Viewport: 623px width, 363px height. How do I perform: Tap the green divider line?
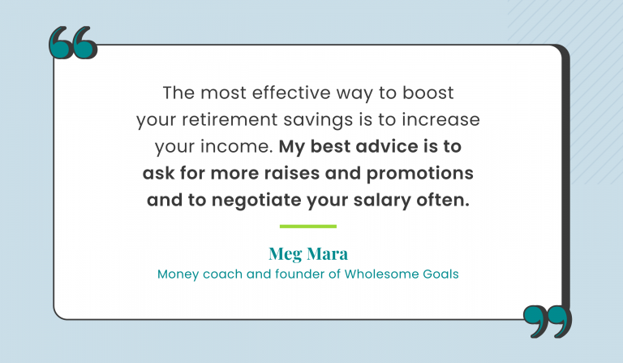[307, 226]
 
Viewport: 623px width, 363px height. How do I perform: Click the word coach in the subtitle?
[215, 274]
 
